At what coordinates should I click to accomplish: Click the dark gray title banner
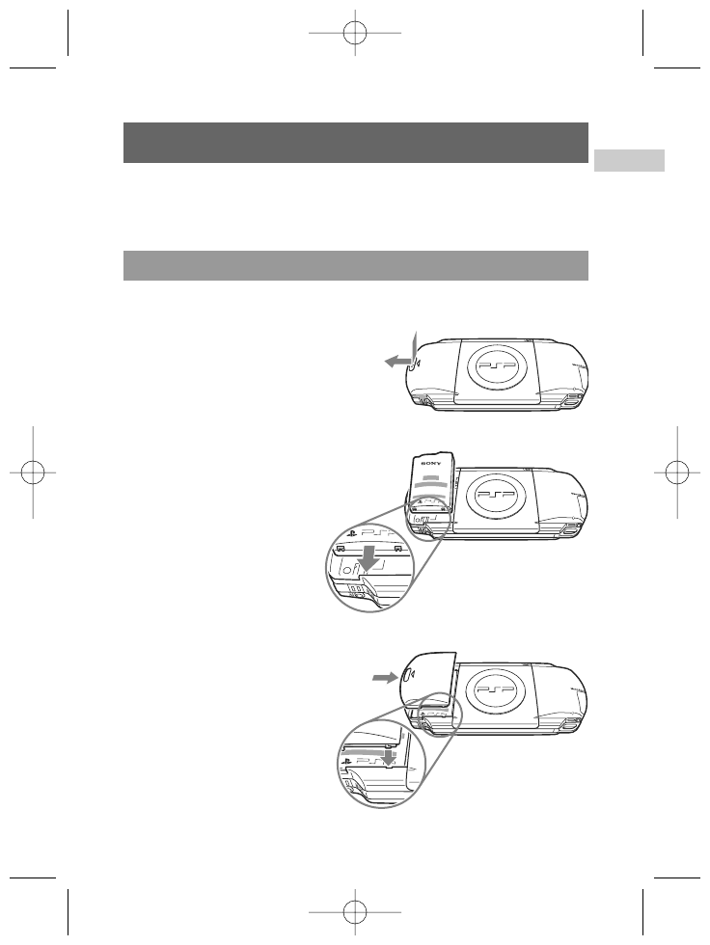[356, 142]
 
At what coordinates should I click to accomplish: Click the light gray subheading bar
[356, 265]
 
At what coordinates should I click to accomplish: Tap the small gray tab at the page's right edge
[629, 159]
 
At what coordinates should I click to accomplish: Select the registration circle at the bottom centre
[355, 911]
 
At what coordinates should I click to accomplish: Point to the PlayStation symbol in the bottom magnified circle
[346, 761]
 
